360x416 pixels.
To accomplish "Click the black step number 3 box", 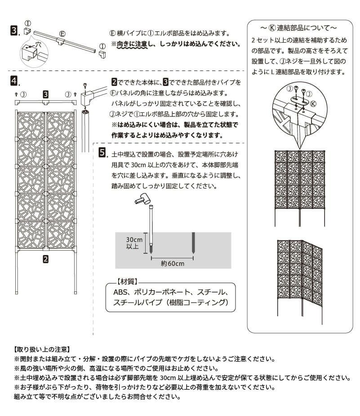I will pyautogui.click(x=14, y=31).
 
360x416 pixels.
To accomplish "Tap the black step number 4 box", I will pyautogui.click(x=14, y=81).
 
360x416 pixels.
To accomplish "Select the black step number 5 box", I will pyautogui.click(x=102, y=152).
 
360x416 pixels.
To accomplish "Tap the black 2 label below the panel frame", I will pyautogui.click(x=45, y=258).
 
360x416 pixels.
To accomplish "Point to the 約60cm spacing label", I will pyautogui.click(x=172, y=264).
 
